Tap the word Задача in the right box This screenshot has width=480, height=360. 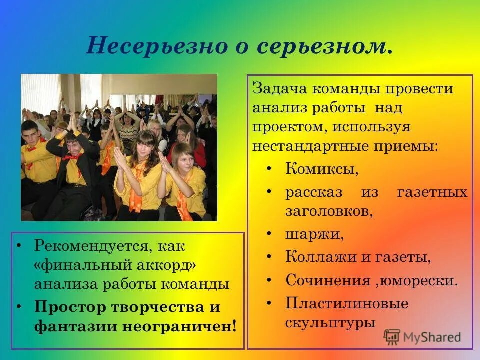pyautogui.click(x=280, y=89)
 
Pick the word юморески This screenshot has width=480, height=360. pyautogui.click(x=419, y=280)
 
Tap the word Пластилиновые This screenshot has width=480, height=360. pyautogui.click(x=347, y=303)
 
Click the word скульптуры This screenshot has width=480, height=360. pyautogui.click(x=330, y=322)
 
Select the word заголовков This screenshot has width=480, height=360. pyautogui.click(x=329, y=211)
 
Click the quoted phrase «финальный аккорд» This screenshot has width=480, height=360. pyautogui.click(x=115, y=265)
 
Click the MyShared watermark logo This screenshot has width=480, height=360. pyautogui.click(x=422, y=337)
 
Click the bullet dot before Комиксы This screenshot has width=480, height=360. pyautogui.click(x=269, y=169)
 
